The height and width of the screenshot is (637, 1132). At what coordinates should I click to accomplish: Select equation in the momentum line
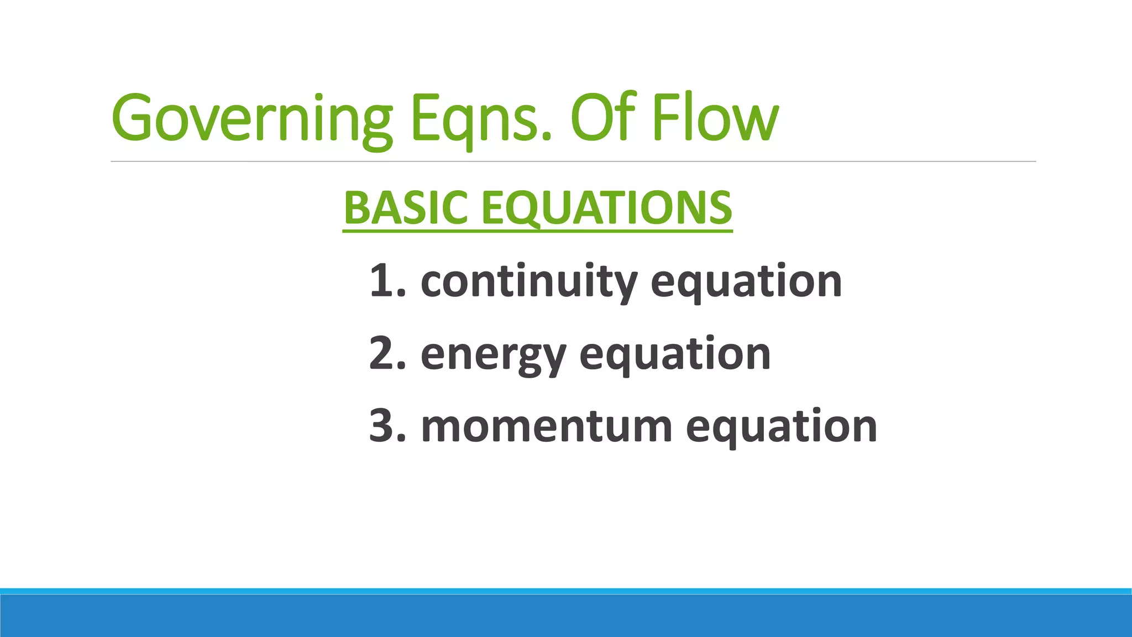point(781,427)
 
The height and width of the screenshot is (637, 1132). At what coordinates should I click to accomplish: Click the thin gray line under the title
point(573,161)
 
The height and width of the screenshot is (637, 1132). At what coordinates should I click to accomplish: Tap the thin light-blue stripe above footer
point(566,591)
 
